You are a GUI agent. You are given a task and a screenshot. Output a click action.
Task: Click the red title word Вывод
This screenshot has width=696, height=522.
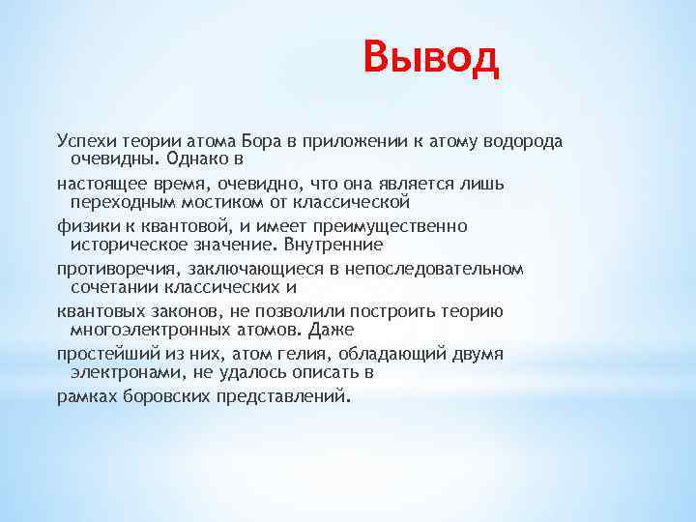[x=432, y=58]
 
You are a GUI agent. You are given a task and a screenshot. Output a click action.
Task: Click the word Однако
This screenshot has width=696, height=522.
[x=202, y=157]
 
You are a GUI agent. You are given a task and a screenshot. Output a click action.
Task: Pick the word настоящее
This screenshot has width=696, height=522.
[x=96, y=184]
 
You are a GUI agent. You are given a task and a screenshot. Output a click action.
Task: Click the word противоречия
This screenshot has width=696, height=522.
[x=108, y=269]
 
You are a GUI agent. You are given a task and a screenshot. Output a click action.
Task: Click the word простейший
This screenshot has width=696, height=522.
[x=101, y=354]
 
